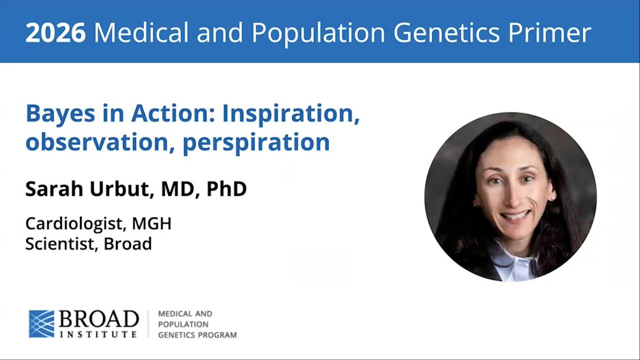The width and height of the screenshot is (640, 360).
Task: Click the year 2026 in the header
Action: click(55, 33)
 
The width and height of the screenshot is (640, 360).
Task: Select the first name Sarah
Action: click(54, 189)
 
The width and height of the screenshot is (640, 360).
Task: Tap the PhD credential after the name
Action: click(226, 189)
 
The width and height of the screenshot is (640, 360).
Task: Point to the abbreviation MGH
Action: click(151, 223)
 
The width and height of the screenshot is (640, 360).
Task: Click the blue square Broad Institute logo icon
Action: click(41, 323)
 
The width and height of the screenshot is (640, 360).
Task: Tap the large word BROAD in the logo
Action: click(99, 319)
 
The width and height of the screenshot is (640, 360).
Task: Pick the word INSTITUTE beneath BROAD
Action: click(98, 334)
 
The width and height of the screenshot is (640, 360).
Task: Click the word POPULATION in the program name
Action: click(183, 324)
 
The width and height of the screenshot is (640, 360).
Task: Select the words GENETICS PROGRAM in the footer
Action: click(197, 335)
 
